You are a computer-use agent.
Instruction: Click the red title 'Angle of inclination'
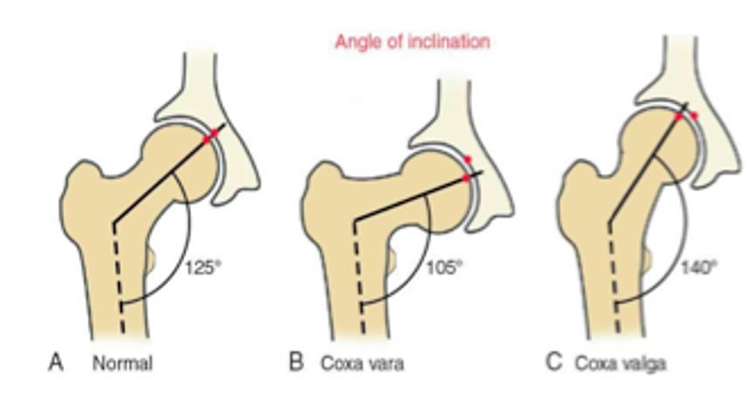point(412,41)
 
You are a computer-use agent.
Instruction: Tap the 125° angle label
point(200,267)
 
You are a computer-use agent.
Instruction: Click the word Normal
point(123,363)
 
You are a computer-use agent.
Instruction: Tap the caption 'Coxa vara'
point(362,363)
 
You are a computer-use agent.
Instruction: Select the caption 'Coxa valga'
point(620,363)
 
